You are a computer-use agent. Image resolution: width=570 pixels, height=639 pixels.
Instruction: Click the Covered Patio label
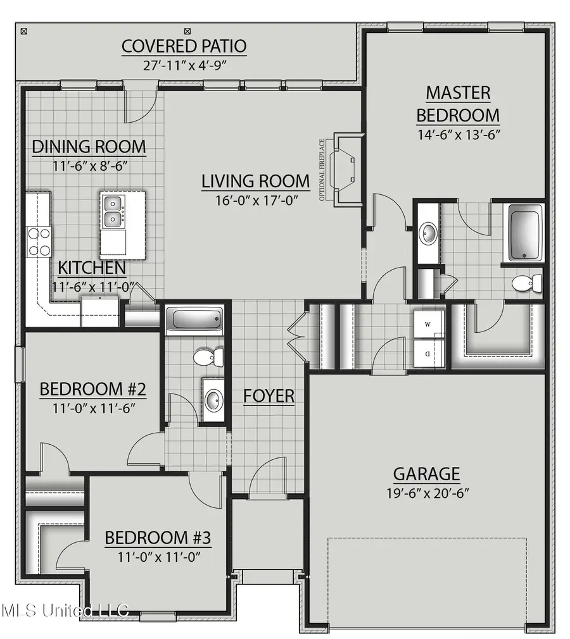(184, 46)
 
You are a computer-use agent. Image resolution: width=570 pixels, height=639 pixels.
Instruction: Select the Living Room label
(256, 181)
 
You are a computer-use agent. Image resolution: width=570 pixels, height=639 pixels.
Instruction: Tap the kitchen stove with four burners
(39, 242)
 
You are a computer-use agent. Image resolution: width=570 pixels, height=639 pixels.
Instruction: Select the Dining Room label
(89, 147)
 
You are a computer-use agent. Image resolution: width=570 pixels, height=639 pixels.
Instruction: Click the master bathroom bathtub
(524, 232)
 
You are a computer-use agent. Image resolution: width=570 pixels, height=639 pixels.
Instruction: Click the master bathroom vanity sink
(427, 233)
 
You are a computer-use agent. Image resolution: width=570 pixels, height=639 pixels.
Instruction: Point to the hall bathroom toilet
(208, 357)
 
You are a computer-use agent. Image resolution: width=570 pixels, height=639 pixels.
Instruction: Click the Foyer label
(269, 396)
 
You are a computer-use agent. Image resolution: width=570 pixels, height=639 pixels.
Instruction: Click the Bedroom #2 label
(93, 389)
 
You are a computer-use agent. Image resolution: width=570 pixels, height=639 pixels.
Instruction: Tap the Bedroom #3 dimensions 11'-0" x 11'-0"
(157, 558)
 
